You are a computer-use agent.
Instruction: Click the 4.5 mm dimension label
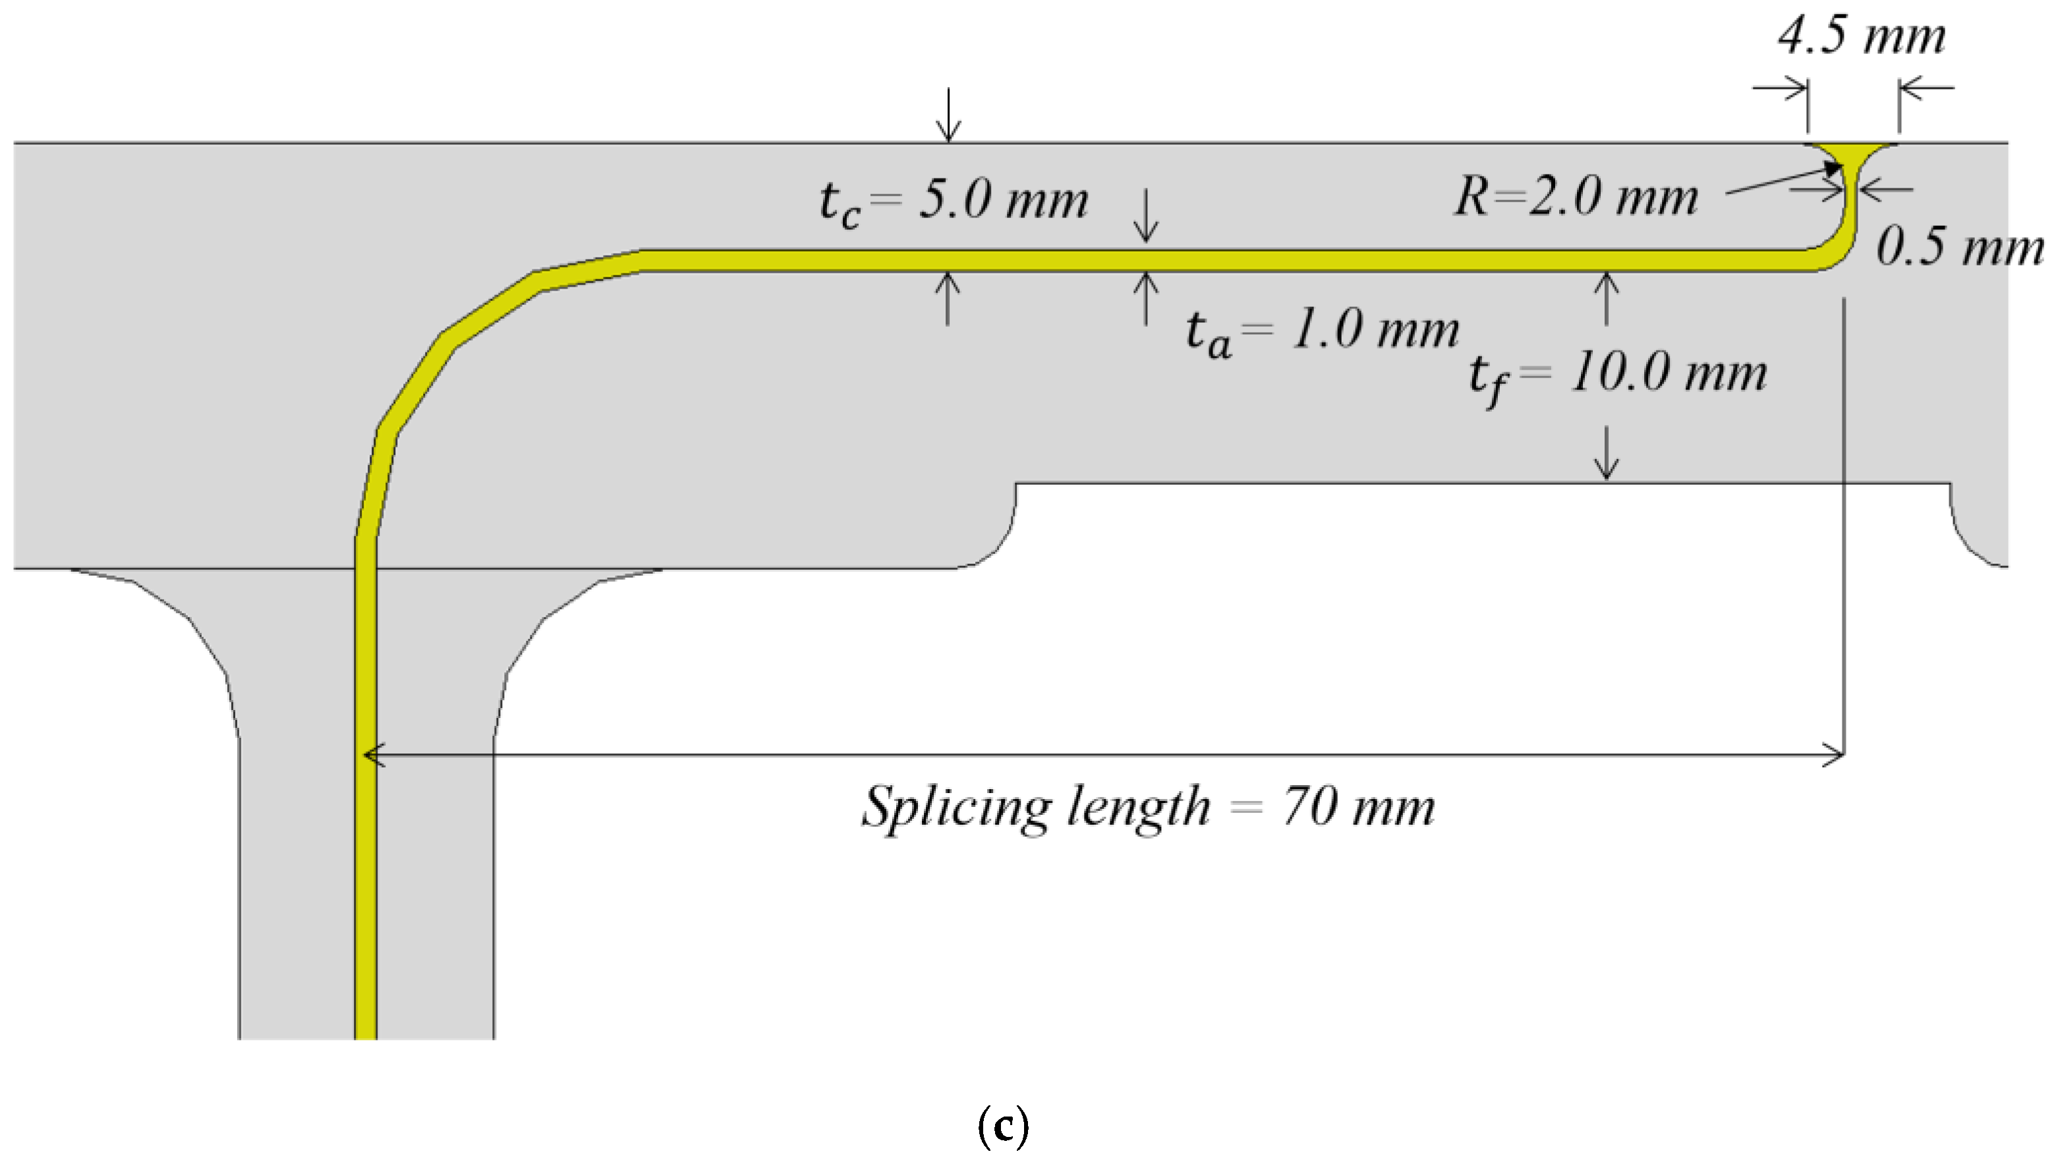point(1861,37)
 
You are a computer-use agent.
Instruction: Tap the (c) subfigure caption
point(1003,1126)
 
